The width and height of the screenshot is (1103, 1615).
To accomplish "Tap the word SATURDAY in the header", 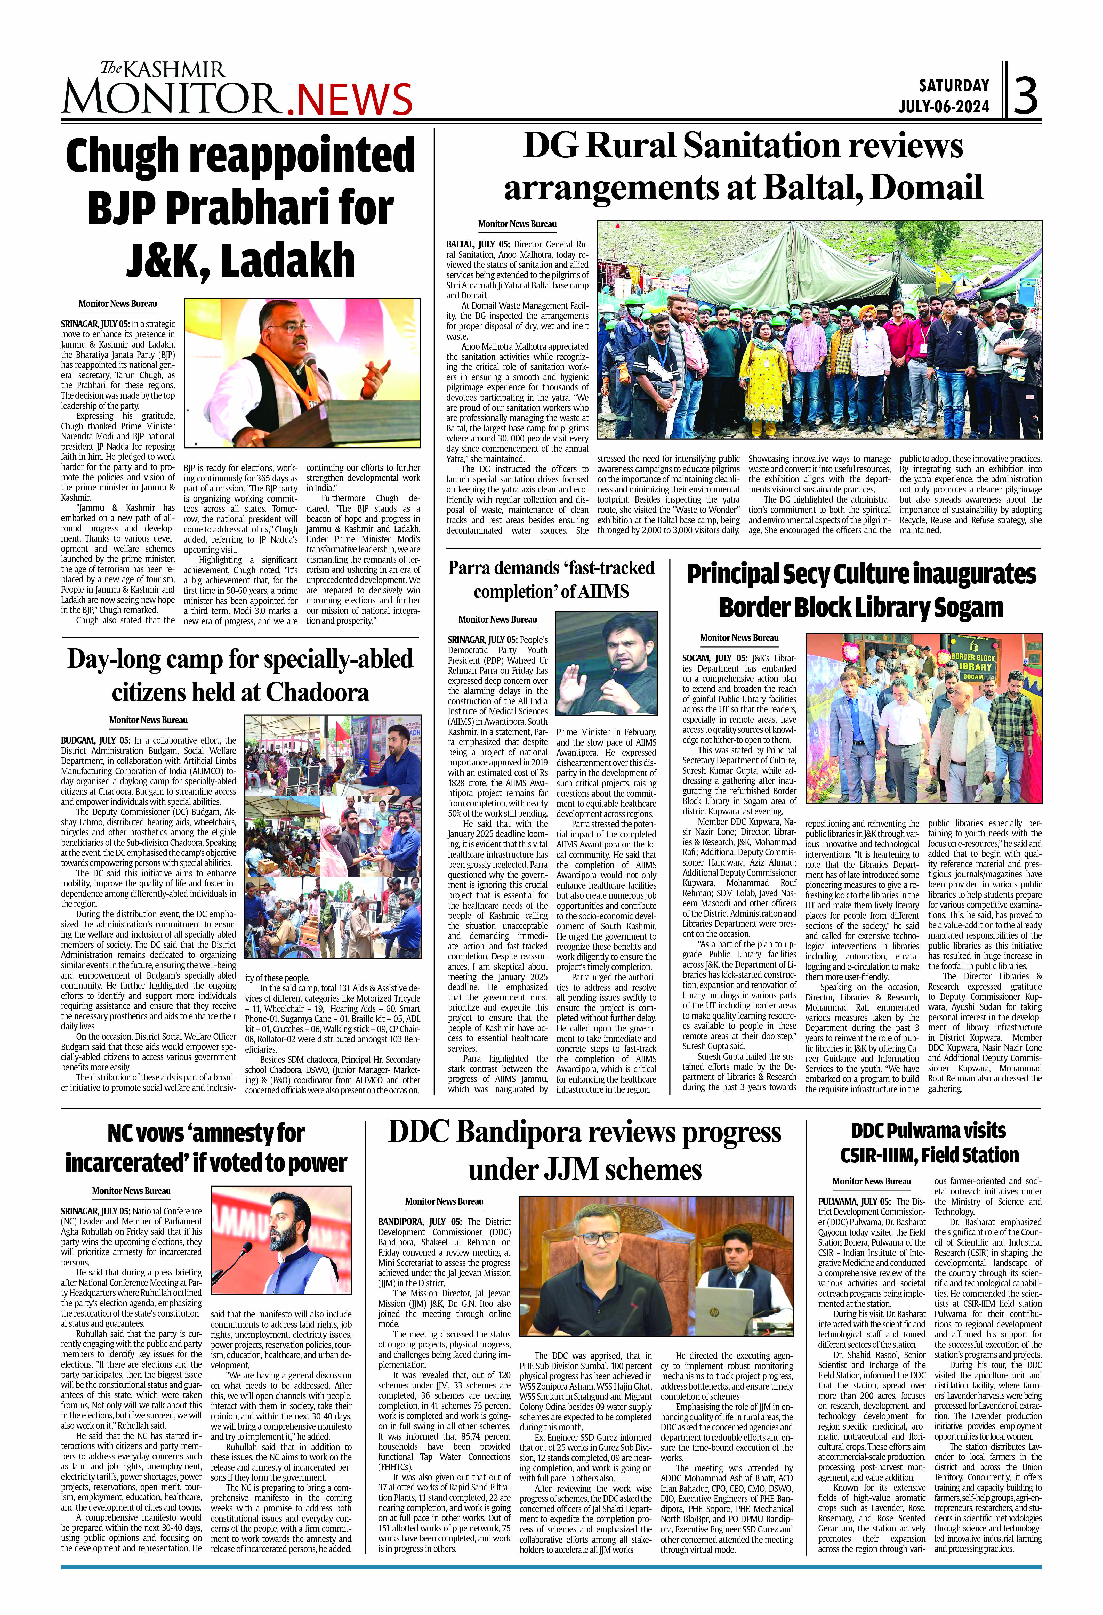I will coord(954,85).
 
